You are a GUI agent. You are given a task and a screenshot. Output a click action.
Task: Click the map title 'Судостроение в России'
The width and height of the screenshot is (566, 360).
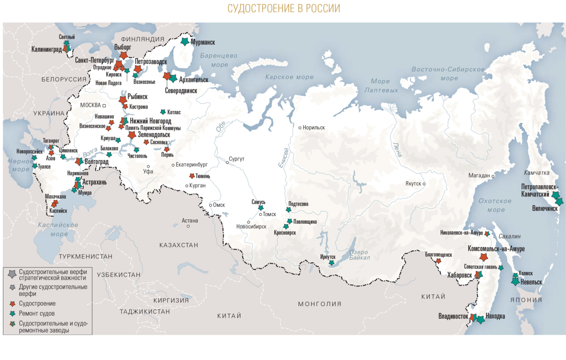(x=283, y=9)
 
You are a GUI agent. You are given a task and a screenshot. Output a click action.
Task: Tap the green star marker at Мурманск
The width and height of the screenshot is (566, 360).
(x=185, y=42)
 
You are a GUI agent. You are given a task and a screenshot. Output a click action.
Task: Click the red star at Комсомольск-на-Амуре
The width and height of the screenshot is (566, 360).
(x=483, y=257)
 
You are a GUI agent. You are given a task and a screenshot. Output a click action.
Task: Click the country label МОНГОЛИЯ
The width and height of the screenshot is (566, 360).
(x=319, y=304)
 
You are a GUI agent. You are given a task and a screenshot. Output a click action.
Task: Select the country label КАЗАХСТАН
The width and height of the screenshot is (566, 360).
(x=179, y=245)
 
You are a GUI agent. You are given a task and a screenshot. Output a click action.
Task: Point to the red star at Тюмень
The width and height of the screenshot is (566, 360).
(x=192, y=176)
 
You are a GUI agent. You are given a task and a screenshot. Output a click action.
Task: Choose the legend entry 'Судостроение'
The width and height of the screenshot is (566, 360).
(x=37, y=303)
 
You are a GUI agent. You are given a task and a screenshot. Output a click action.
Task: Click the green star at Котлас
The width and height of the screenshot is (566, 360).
(x=163, y=112)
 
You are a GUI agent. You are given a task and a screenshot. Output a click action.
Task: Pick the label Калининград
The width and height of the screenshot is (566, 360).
(x=47, y=49)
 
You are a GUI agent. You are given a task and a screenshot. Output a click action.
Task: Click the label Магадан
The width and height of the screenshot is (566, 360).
(x=479, y=176)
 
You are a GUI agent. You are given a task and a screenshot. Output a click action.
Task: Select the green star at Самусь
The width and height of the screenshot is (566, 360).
(x=261, y=208)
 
